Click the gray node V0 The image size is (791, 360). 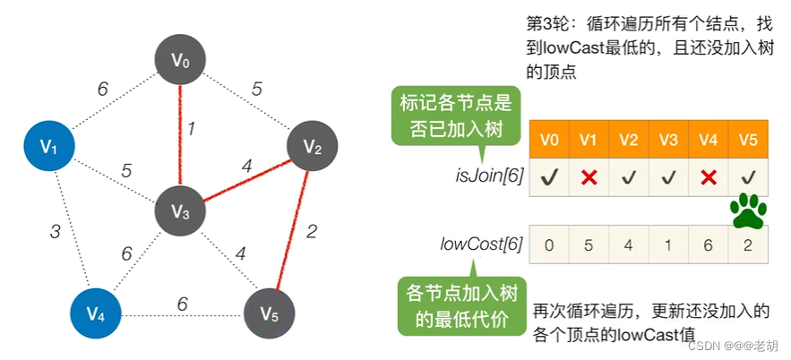[x=182, y=61]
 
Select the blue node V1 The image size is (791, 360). [x=50, y=146]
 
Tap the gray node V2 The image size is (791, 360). [x=311, y=147]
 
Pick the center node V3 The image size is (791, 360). [x=181, y=212]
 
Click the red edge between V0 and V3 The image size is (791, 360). [x=182, y=134]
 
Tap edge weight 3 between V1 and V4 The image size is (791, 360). [x=55, y=232]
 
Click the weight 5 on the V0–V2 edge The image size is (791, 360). [x=256, y=89]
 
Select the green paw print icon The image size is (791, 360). [x=748, y=211]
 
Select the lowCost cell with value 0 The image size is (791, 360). [x=550, y=244]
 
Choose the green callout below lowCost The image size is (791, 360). [x=455, y=306]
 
